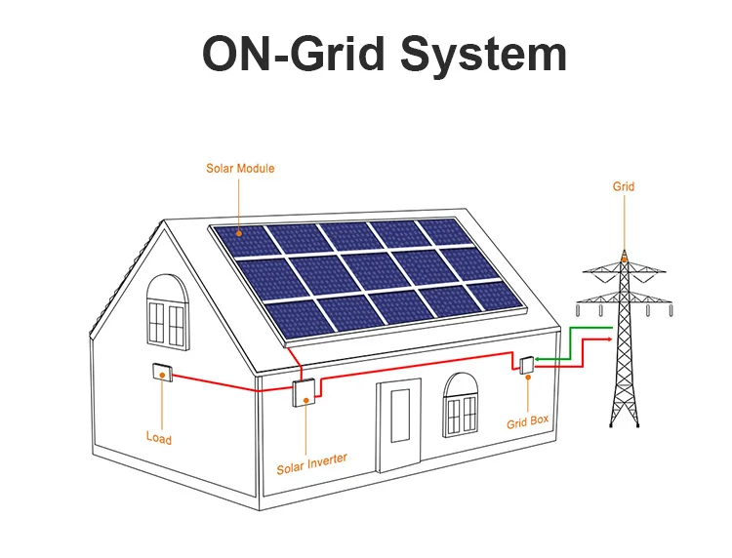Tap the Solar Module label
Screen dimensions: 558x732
point(240,169)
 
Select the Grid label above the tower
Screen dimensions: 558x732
point(624,186)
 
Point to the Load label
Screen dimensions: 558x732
point(159,438)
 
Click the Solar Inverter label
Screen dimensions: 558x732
point(311,462)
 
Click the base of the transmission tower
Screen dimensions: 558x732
point(626,421)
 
